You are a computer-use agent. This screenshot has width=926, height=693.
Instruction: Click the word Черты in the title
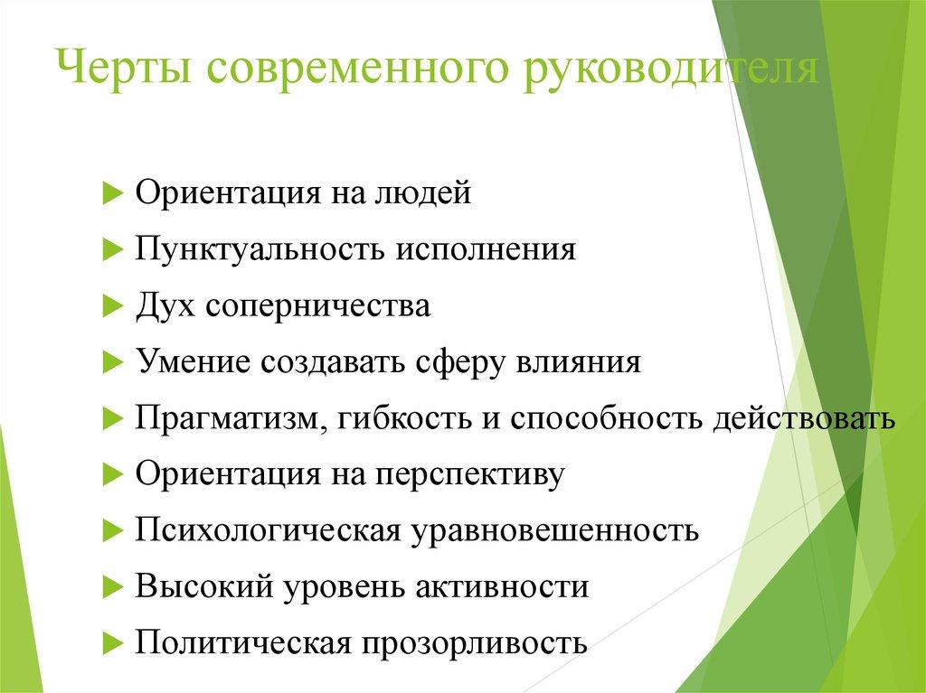tap(124, 70)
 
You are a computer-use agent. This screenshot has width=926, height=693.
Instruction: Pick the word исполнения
tap(484, 250)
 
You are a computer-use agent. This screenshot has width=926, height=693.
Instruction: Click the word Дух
tap(165, 306)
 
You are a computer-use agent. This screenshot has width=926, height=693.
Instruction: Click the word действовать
tap(803, 418)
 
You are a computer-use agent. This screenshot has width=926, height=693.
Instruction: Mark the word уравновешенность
tap(556, 530)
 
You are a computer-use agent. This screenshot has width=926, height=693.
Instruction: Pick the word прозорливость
tap(476, 643)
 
